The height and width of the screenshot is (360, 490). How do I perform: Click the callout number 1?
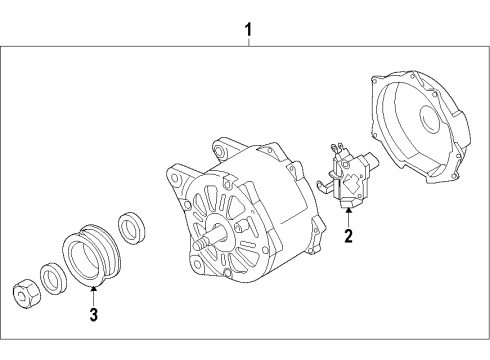tap(248, 30)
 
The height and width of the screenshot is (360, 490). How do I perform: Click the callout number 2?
tap(348, 236)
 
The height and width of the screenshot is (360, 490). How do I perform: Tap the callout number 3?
tap(94, 314)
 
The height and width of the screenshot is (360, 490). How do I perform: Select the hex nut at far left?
tap(27, 294)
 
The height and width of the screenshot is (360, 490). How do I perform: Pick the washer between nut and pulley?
tap(53, 278)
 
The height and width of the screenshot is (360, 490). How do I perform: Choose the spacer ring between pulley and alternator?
tap(132, 227)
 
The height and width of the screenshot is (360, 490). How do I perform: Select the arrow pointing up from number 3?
tap(94, 296)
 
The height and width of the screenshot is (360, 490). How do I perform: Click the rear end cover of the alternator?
tap(421, 127)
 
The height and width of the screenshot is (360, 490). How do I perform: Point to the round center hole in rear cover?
tap(430, 119)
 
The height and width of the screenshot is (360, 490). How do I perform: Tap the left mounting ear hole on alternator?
tap(175, 177)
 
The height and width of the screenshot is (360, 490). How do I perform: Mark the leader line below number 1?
tap(248, 42)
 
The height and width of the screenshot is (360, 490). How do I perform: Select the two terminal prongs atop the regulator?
tap(337, 148)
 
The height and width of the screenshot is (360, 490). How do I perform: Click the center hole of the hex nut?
tap(22, 294)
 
